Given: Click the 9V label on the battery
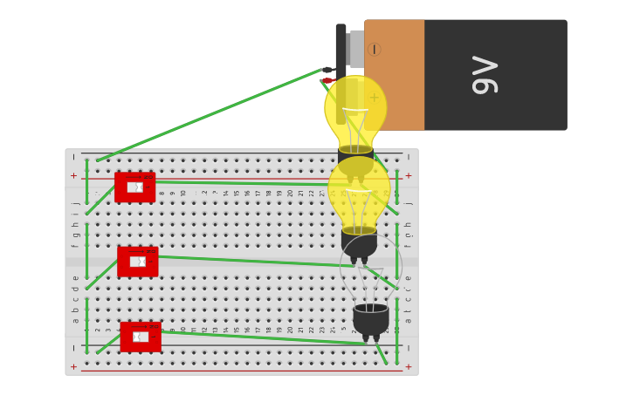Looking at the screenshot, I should tap(485, 75).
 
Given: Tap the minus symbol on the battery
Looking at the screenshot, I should tap(374, 50).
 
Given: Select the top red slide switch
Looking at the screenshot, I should tap(134, 187).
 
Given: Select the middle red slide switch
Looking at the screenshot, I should tap(137, 261).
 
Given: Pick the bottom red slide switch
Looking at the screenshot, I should tap(140, 337).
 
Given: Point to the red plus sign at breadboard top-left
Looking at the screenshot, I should tap(73, 175).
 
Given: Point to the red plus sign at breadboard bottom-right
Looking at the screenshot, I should tap(408, 367).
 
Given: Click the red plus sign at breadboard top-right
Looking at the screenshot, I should tap(408, 175).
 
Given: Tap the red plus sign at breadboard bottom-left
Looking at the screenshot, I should tap(73, 367).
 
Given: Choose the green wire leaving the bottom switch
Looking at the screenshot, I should tap(262, 340).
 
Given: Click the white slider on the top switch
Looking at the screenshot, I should tap(134, 187).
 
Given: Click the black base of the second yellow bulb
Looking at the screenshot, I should tap(359, 243).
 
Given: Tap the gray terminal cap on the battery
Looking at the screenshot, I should tap(356, 48).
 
